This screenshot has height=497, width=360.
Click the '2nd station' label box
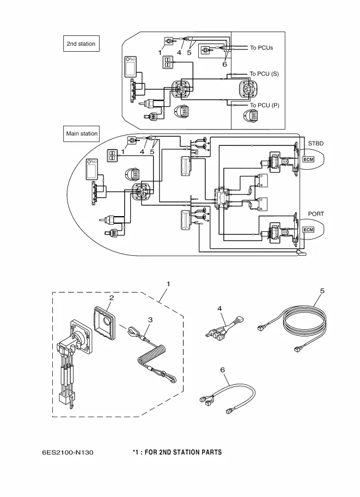click(x=81, y=44)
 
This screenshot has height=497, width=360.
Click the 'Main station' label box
click(x=82, y=133)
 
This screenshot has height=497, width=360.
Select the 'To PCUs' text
click(x=261, y=48)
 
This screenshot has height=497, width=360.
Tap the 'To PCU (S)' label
click(x=264, y=73)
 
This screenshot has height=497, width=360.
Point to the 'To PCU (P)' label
click(x=264, y=105)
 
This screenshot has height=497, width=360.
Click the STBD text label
click(x=316, y=143)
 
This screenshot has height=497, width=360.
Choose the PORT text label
click(x=316, y=214)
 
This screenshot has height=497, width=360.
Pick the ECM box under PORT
click(x=309, y=231)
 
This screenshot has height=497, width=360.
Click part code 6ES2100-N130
click(x=63, y=452)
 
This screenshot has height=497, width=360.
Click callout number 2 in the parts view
click(x=111, y=298)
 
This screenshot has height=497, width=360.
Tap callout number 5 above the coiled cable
click(x=322, y=291)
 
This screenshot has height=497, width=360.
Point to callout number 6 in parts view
click(x=222, y=369)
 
